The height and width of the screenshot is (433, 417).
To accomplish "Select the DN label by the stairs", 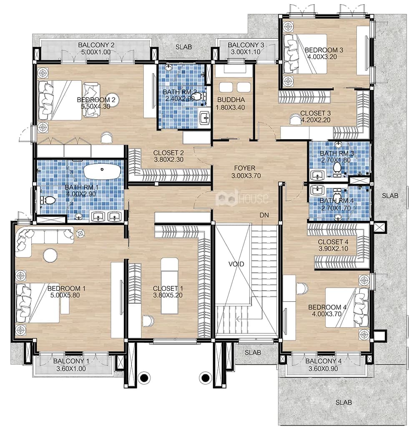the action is tap(264, 215).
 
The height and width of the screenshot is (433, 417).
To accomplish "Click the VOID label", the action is tap(236, 264).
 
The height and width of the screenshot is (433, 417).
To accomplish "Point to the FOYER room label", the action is tap(244, 168).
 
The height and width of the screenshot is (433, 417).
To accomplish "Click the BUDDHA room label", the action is tap(231, 100).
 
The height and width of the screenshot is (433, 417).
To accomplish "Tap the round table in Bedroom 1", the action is tap(50, 255).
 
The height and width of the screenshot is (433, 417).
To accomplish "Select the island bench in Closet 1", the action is tap(169, 285).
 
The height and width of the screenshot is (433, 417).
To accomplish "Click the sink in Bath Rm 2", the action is tap(205, 118).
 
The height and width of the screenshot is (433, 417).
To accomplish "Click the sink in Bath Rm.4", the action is tap(317, 190).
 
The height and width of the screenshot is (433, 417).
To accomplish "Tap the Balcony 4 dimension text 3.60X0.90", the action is tap(323, 369).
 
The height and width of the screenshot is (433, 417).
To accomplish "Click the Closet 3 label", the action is tap(315, 113).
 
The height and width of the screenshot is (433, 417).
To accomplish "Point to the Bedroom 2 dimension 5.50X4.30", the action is tap(95, 106).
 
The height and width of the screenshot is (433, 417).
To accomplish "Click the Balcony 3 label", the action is tap(246, 45).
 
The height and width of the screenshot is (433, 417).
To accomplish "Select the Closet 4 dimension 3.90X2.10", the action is tap(333, 248).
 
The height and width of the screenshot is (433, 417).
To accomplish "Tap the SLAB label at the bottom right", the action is tap(344, 402).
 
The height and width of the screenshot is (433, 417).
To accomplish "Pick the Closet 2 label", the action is tap(168, 153).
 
